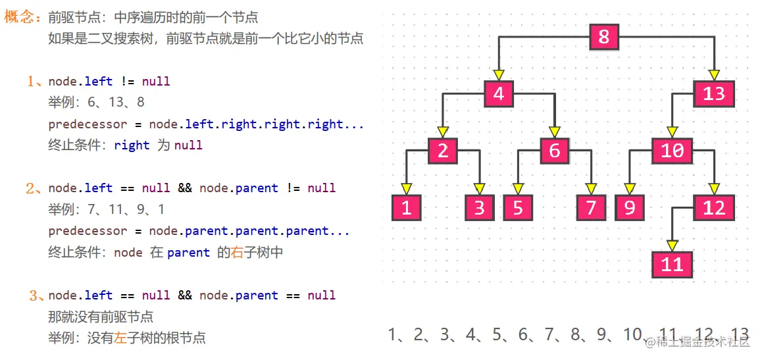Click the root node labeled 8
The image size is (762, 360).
pyautogui.click(x=603, y=37)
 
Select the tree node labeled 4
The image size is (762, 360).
pyautogui.click(x=498, y=94)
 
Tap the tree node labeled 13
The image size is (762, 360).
pyautogui.click(x=713, y=94)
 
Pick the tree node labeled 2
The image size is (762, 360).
pyautogui.click(x=442, y=151)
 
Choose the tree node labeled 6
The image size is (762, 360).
pyautogui.click(x=555, y=151)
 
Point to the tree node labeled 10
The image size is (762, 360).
pyautogui.click(x=672, y=151)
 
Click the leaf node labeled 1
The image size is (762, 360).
pyautogui.click(x=406, y=208)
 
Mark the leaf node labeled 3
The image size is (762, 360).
pyautogui.click(x=479, y=208)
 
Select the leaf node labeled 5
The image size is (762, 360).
pyautogui.click(x=518, y=208)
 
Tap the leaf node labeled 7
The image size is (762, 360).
pyautogui.click(x=591, y=208)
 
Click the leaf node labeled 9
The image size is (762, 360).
pyautogui.click(x=630, y=208)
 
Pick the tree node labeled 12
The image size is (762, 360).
pyautogui.click(x=713, y=208)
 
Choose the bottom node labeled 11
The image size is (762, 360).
pyautogui.click(x=672, y=265)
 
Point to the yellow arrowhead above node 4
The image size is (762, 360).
pyautogui.click(x=498, y=74)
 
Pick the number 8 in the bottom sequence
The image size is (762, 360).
pyautogui.click(x=576, y=335)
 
